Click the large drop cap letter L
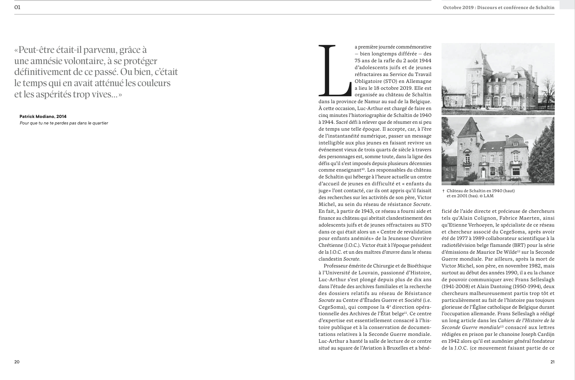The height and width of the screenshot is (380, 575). [x=335, y=69]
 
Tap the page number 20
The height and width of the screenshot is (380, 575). [x=17, y=362]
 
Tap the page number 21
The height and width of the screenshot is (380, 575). [x=552, y=362]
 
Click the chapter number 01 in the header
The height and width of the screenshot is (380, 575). [x=17, y=7]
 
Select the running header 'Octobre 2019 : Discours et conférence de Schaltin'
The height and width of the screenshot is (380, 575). [x=498, y=8]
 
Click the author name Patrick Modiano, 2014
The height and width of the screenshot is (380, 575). [x=43, y=117]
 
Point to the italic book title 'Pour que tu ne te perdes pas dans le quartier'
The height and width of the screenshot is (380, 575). [x=64, y=123]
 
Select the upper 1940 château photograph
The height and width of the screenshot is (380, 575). [x=498, y=79]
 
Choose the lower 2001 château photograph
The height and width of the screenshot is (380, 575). [x=498, y=151]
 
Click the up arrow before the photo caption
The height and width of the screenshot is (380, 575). [x=443, y=191]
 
